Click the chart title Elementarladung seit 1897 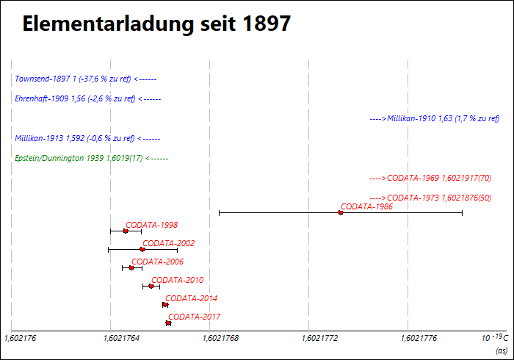click(156, 24)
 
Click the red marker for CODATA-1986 click(341, 212)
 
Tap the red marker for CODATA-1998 click(126, 231)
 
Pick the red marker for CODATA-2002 click(142, 249)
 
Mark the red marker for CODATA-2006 click(131, 267)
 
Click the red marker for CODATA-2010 click(151, 286)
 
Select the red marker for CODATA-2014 click(165, 304)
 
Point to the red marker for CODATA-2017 click(168, 323)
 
